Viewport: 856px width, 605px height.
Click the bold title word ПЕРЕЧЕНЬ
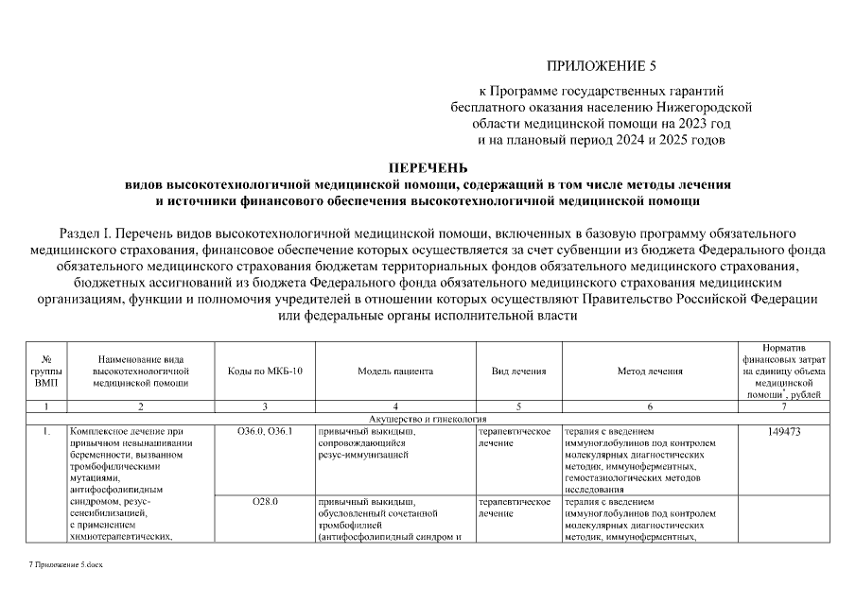428,168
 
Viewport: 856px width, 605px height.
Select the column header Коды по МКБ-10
265,372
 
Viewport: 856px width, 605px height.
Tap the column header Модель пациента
394,372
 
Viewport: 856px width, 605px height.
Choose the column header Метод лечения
649,372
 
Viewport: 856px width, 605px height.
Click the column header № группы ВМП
46,372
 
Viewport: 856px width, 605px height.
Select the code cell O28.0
265,501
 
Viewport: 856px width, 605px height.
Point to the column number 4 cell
394,406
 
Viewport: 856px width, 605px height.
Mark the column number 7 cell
782,406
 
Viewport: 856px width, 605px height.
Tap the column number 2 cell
141,406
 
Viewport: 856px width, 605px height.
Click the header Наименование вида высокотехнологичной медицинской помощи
141,372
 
